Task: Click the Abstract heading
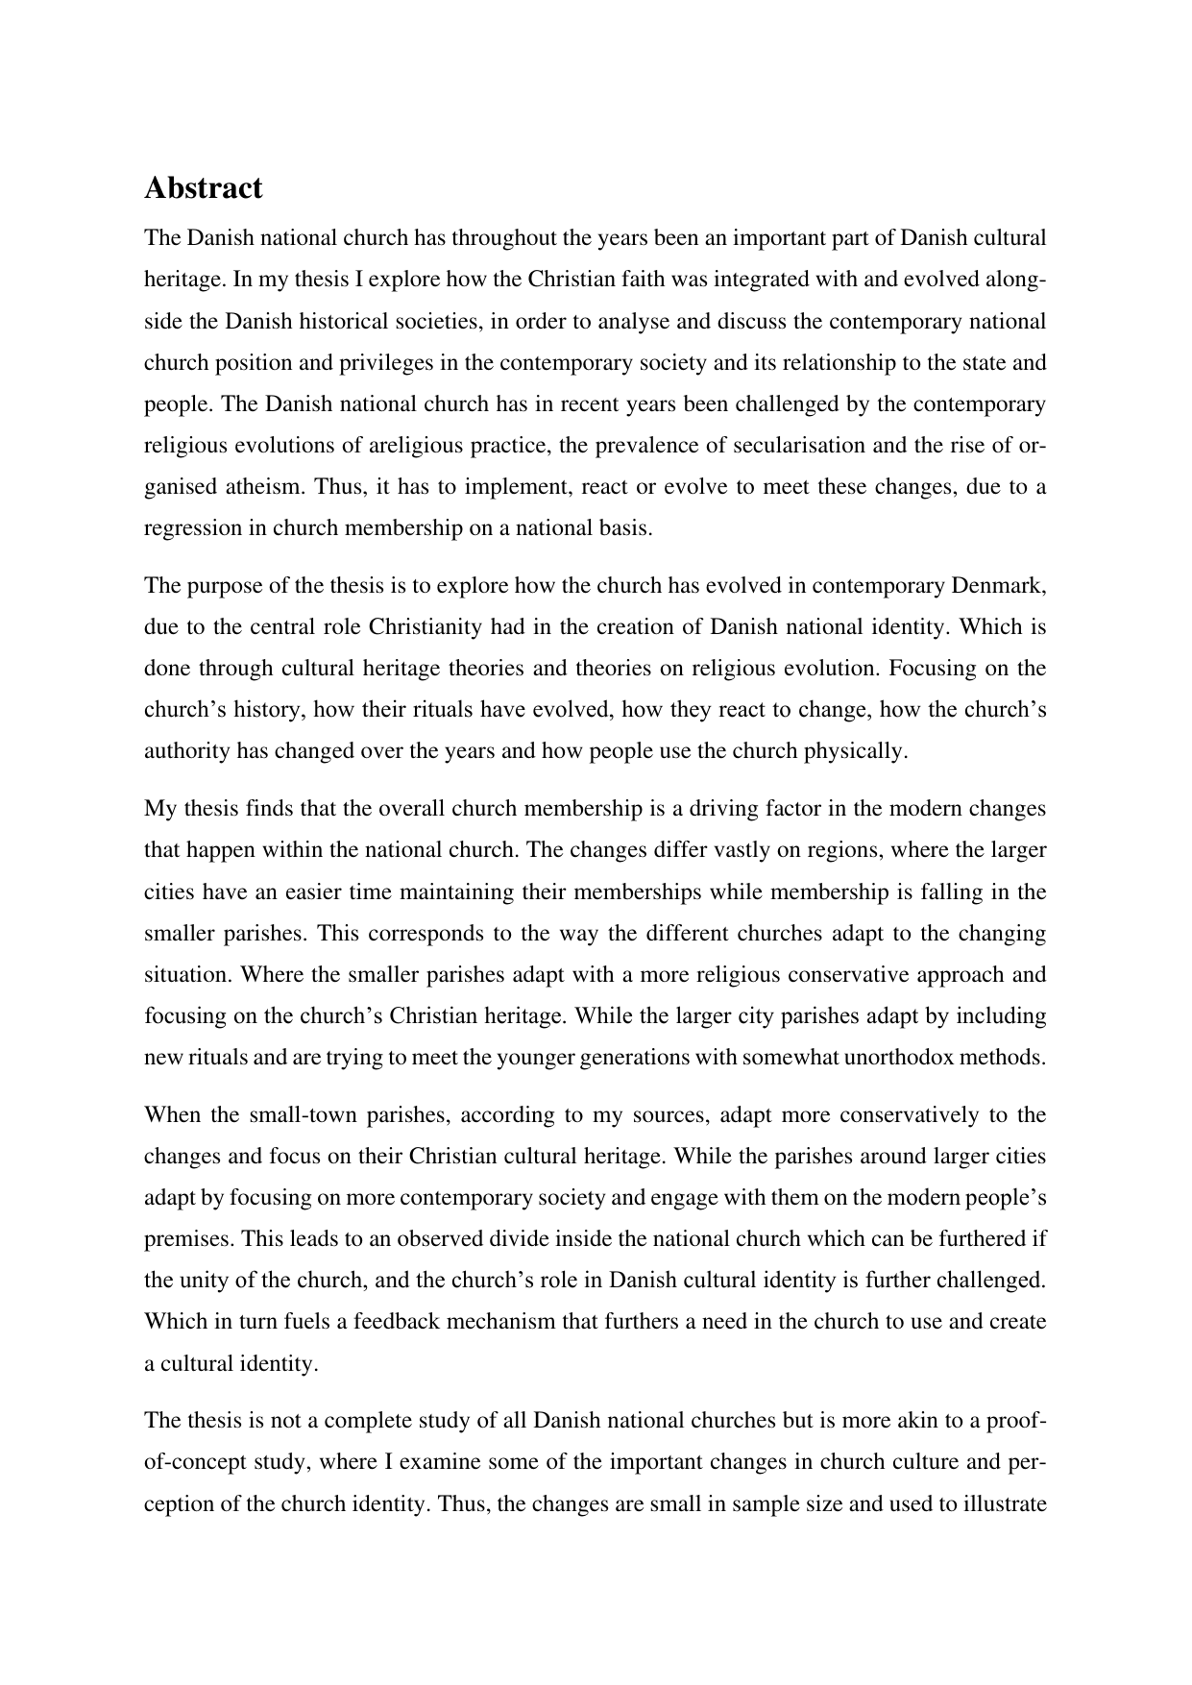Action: coord(203,188)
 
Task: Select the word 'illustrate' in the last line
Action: coord(1003,1503)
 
